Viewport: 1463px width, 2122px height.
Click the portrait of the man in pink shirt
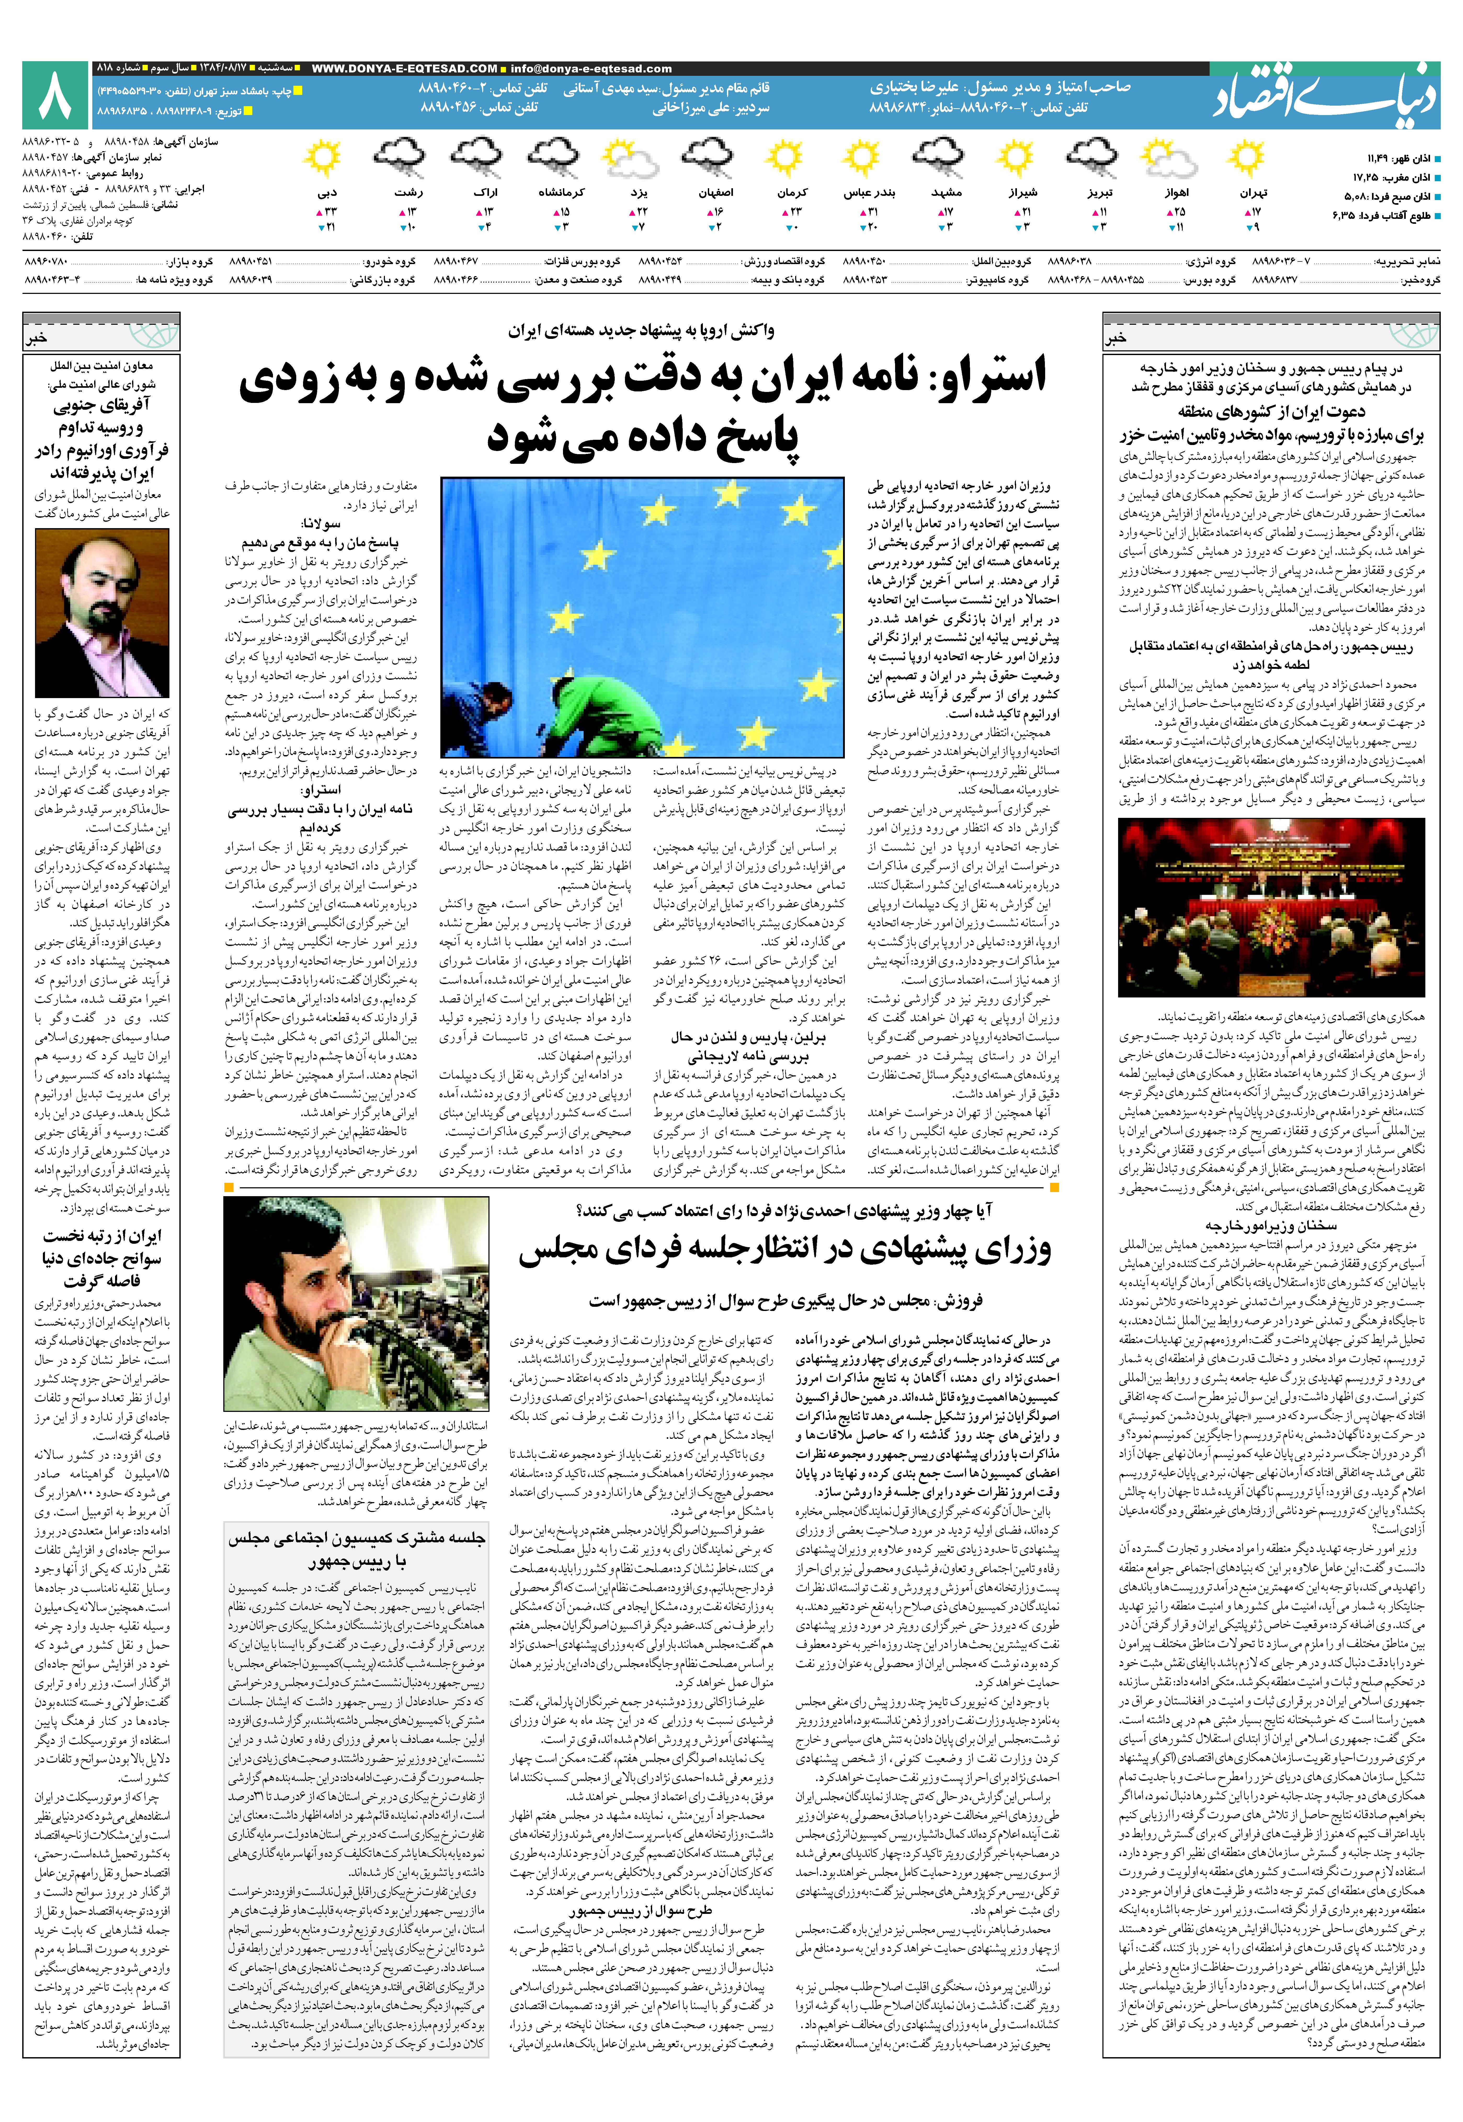click(x=102, y=612)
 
